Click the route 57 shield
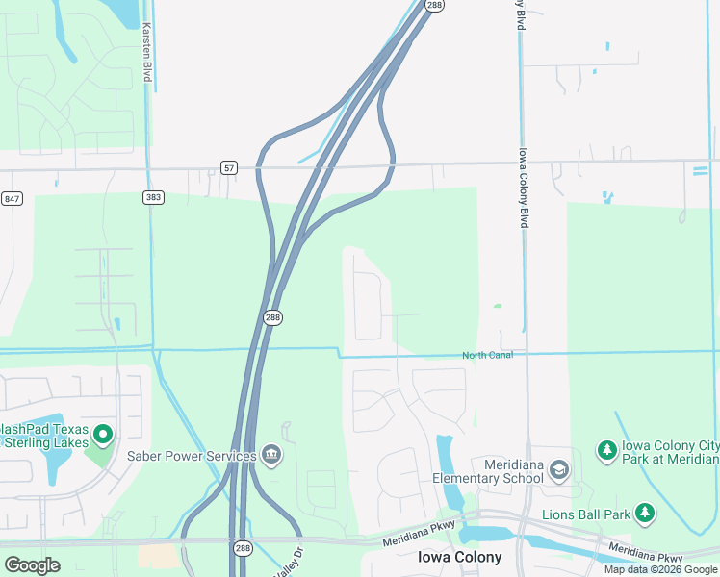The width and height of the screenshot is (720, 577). (x=228, y=167)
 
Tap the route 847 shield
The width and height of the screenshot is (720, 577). (x=12, y=198)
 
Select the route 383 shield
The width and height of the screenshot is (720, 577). (x=152, y=197)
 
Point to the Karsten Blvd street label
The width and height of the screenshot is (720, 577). (x=147, y=53)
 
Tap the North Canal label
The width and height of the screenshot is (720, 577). (x=487, y=356)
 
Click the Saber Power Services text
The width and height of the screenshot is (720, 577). (x=192, y=456)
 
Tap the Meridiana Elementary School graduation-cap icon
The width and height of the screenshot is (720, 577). (x=559, y=470)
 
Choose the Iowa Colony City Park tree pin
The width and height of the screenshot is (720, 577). (x=606, y=449)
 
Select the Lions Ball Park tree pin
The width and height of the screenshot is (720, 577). (x=646, y=514)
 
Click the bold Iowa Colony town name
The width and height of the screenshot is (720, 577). (x=459, y=558)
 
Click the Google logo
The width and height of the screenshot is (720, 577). (x=32, y=565)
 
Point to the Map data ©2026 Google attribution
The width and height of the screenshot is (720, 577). (x=661, y=569)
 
